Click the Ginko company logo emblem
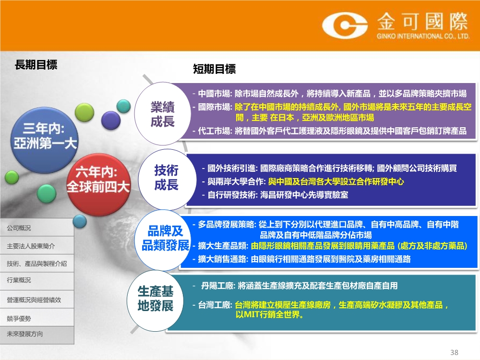coord(344,25)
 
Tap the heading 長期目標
coord(36,65)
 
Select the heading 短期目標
coord(214,69)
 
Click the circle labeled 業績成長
coord(163,114)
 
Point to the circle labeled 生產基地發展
coord(155,300)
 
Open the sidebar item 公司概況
coord(19,228)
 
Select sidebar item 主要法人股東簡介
coord(31,246)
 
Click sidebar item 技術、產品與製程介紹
coord(37,264)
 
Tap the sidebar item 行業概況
coord(19,280)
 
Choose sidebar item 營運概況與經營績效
coord(34,300)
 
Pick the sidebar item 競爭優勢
coord(19,319)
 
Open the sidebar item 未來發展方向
coord(25,334)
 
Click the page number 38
coord(454,352)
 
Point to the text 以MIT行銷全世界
coord(269,315)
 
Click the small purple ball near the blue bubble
coord(111,120)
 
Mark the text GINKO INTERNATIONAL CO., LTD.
coord(423,36)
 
